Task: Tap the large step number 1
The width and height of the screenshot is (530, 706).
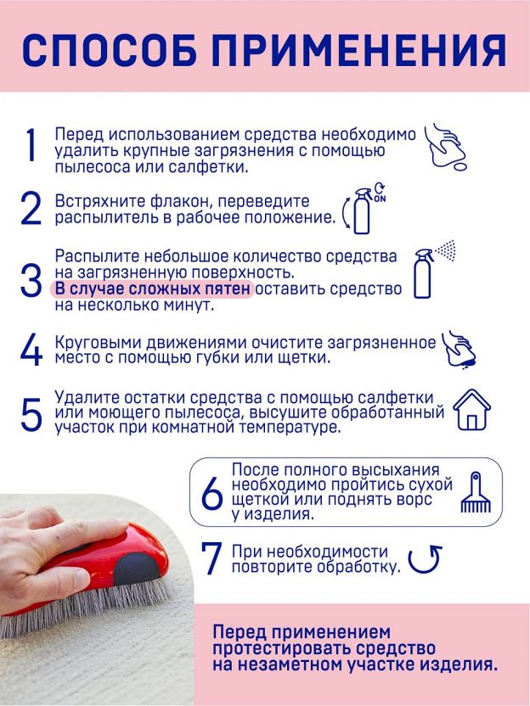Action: pos(31,144)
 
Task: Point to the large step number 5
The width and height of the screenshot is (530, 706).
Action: pos(31,414)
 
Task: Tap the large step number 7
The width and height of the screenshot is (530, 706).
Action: pos(211,558)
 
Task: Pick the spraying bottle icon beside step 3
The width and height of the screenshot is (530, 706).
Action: pos(434,269)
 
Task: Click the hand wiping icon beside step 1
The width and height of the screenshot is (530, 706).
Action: pos(447,146)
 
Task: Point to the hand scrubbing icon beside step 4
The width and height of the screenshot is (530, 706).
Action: pos(459,350)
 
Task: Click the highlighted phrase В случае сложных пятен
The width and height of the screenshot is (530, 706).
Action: pos(152,289)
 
